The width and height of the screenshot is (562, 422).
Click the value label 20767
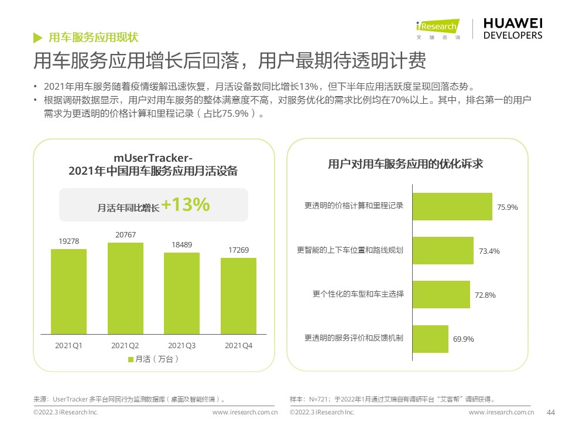(x=125, y=235)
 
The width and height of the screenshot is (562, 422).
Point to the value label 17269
(x=238, y=250)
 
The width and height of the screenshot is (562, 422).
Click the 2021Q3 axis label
(x=181, y=346)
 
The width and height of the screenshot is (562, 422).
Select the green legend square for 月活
(x=131, y=359)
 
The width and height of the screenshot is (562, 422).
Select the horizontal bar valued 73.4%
(x=443, y=250)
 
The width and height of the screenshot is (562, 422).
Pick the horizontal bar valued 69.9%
(x=431, y=339)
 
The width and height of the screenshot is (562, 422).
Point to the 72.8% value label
(x=485, y=295)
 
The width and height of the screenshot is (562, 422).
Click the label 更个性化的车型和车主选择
(x=358, y=294)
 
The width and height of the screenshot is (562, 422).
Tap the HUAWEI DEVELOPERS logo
(x=513, y=28)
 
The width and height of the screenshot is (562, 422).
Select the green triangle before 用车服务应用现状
(x=37, y=38)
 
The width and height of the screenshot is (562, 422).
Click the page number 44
(x=550, y=412)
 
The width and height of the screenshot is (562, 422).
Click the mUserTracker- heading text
(x=153, y=158)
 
